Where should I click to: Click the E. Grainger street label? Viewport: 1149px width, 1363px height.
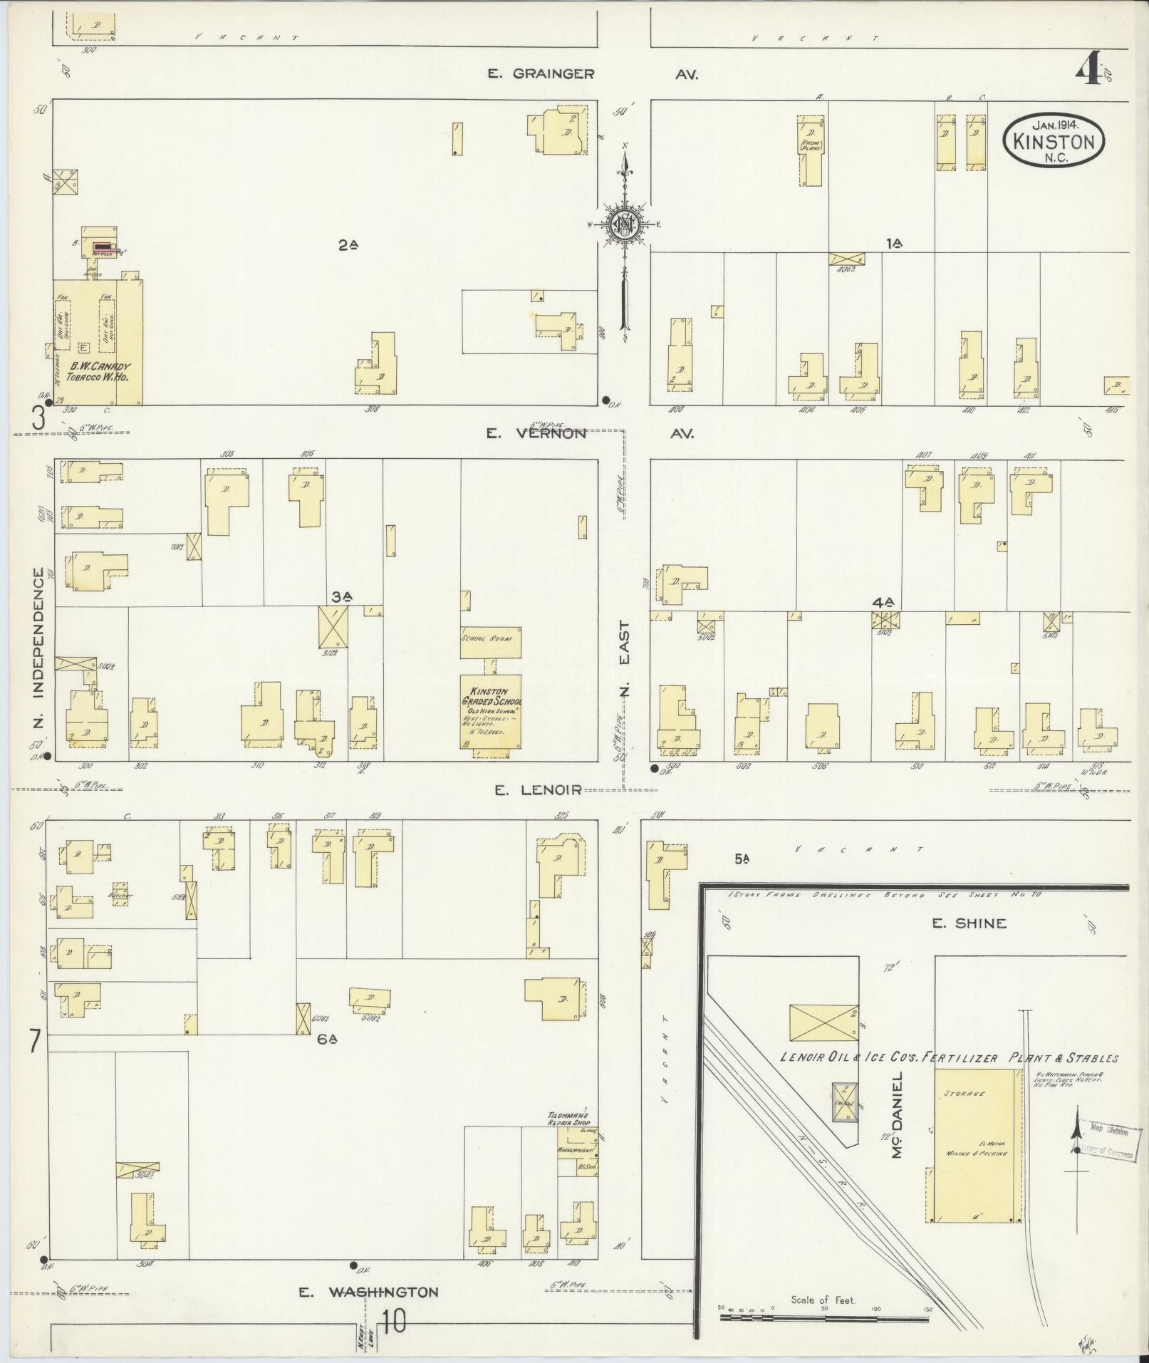[x=541, y=73]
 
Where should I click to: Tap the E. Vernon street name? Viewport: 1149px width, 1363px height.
[x=538, y=433]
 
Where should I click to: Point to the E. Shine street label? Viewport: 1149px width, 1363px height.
[x=969, y=923]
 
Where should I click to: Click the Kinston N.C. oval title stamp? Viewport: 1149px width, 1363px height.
[x=1054, y=140]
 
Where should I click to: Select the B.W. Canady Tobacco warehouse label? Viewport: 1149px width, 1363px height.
[x=98, y=372]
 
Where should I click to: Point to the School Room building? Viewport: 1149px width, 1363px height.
[x=490, y=642]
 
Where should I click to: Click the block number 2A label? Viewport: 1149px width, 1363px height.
[x=348, y=245]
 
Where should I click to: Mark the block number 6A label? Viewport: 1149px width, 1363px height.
[x=327, y=1040]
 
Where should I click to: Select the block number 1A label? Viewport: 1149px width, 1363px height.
[x=893, y=244]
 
